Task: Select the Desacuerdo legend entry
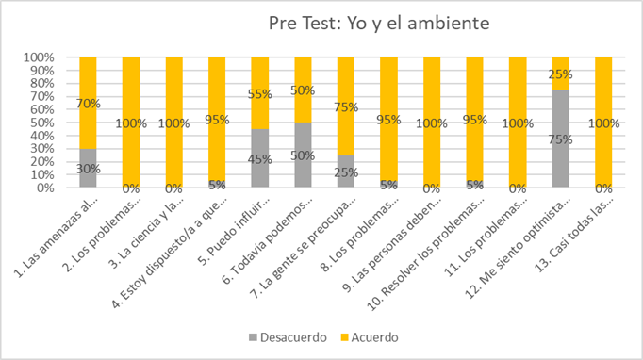click(x=289, y=335)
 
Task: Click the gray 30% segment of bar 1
click(x=88, y=168)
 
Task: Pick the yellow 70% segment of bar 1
click(x=88, y=102)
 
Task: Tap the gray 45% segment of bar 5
click(x=260, y=158)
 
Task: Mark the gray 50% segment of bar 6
click(x=304, y=155)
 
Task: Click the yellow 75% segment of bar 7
click(x=346, y=106)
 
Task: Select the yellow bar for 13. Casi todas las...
click(x=604, y=123)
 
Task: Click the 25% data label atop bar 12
click(x=561, y=73)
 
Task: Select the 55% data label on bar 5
click(x=260, y=93)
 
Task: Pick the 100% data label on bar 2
click(x=131, y=123)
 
